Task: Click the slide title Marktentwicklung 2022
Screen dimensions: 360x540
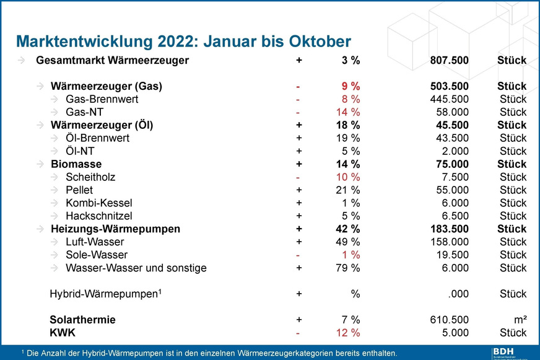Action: pos(183,42)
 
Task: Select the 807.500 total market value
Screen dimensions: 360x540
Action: pos(449,61)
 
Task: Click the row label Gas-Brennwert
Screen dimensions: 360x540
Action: pos(102,99)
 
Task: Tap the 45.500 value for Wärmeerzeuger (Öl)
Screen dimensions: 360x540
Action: pos(453,125)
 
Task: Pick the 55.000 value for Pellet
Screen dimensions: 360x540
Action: pos(453,190)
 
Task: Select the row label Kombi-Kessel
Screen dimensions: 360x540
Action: pos(98,203)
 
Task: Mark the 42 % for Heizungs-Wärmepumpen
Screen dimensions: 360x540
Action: pos(346,229)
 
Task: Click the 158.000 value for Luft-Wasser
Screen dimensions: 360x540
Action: pos(449,242)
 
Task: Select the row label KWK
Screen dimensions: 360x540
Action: pos(62,333)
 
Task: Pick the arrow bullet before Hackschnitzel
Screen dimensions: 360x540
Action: pos(56,216)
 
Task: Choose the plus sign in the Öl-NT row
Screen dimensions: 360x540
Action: pos(299,151)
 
